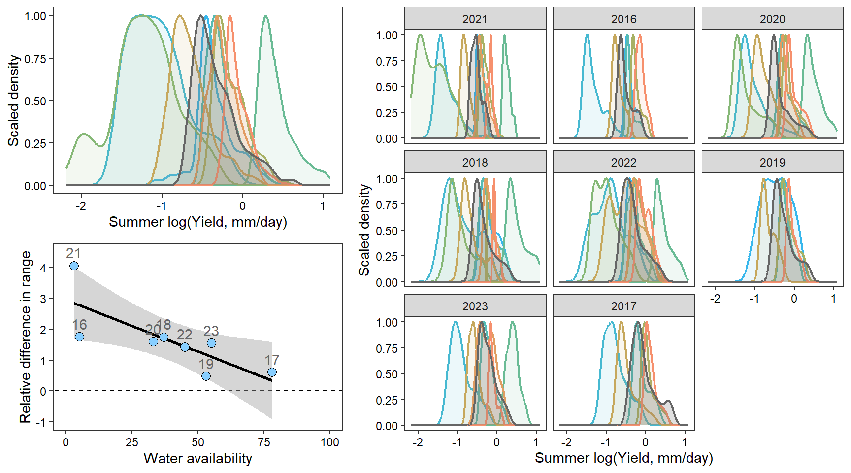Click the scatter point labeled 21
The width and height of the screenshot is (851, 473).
point(74,266)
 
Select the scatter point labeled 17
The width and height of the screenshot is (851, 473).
point(272,372)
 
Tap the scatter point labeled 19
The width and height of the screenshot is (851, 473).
point(206,376)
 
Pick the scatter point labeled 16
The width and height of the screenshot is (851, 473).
point(79,337)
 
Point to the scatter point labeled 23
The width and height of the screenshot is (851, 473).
point(211,343)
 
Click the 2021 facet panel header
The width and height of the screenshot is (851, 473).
point(475,19)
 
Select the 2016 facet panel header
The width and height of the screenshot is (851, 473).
point(623,19)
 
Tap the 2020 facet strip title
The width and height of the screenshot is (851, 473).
point(772,19)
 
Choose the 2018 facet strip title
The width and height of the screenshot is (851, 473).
point(475,163)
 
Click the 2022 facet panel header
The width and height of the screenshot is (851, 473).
point(623,163)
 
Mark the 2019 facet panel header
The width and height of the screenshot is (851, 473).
point(772,163)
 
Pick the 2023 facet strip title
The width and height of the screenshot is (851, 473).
point(475,306)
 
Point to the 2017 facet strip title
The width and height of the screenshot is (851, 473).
point(623,306)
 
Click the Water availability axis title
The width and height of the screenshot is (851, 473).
point(197,459)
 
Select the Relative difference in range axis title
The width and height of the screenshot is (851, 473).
point(25,337)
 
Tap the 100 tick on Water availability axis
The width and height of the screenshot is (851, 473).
point(330,442)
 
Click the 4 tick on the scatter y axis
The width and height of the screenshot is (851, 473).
point(44,268)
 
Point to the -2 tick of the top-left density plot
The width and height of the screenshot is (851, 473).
point(81,206)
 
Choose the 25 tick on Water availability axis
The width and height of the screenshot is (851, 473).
point(131,442)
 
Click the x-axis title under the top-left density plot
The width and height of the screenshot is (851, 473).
point(197,222)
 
